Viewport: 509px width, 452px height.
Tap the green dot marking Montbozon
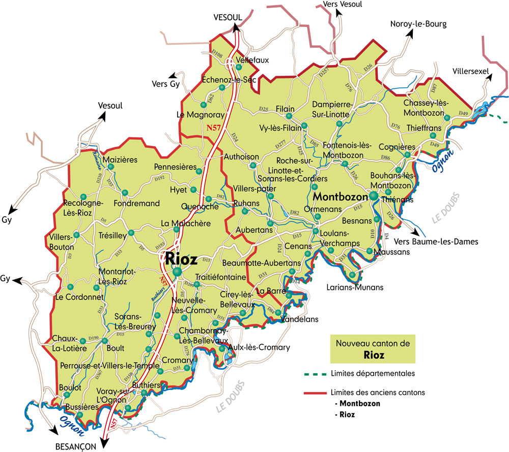(x=374, y=196)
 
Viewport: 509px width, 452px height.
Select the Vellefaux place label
(x=252, y=60)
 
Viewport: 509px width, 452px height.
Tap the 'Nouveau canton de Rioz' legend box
(x=373, y=348)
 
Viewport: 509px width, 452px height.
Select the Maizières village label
(x=120, y=160)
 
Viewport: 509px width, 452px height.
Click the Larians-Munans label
(x=354, y=287)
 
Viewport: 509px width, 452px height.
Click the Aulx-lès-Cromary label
(x=259, y=348)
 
